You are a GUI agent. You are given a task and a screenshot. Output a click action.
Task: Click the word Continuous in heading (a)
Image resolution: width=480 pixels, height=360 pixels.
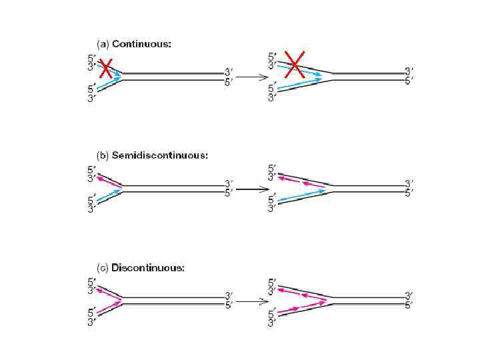click(141, 44)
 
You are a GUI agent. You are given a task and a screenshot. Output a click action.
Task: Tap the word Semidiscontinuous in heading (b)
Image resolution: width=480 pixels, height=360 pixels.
click(159, 155)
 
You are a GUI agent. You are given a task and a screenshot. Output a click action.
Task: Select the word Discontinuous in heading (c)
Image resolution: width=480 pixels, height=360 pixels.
click(147, 267)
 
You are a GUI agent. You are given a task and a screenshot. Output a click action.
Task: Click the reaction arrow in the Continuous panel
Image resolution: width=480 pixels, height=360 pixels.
click(248, 77)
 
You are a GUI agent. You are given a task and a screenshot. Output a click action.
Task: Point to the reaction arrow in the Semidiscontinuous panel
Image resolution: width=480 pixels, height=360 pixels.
click(248, 189)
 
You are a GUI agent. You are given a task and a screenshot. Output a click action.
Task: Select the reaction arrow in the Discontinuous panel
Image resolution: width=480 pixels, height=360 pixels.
click(248, 301)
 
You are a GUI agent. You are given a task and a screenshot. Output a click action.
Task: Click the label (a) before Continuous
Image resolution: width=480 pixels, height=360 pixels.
click(103, 44)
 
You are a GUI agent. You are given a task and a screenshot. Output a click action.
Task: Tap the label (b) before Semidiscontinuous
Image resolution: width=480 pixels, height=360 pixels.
click(103, 155)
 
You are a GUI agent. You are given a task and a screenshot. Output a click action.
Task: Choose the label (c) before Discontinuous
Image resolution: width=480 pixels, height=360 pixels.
click(103, 267)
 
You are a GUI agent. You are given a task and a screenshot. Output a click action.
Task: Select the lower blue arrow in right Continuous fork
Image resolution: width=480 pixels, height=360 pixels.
click(300, 83)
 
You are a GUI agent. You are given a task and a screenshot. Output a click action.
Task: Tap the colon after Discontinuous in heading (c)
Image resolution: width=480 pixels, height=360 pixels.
click(183, 268)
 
